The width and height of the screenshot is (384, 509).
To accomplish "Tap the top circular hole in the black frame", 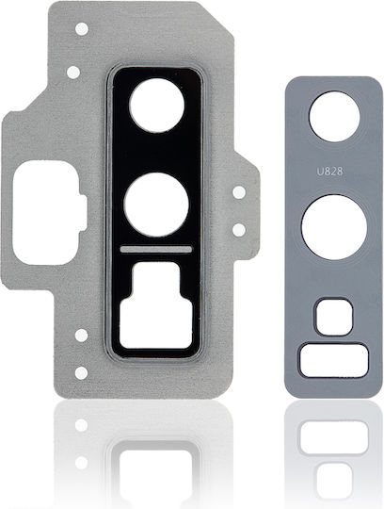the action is pos(157,106).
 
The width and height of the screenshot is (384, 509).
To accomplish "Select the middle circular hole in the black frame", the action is pos(156,205).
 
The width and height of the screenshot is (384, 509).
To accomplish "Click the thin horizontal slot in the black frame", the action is pos(156,249).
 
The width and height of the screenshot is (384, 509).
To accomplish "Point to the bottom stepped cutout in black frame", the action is pos(155,305).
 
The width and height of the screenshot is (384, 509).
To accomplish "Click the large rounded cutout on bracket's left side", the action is pos(49,213).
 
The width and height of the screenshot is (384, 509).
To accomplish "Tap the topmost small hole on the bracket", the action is pos(82,28).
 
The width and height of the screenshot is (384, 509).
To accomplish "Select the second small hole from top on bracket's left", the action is pos(73,72).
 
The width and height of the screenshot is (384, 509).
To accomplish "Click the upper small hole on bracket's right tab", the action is pos(239,192).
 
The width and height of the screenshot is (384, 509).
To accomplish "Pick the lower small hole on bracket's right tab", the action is pos(239,230).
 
